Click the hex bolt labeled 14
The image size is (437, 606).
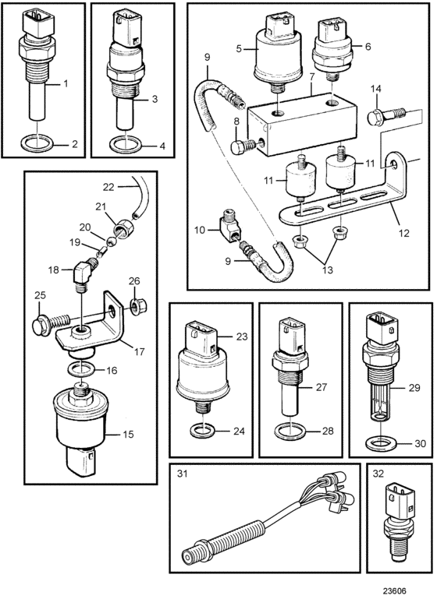point(386,116)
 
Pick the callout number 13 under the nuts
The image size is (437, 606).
point(328,270)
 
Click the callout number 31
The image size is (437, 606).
point(183,473)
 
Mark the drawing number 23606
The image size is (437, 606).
point(395,591)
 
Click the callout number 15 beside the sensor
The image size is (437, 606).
point(128,434)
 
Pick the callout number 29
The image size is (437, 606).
point(414,387)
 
